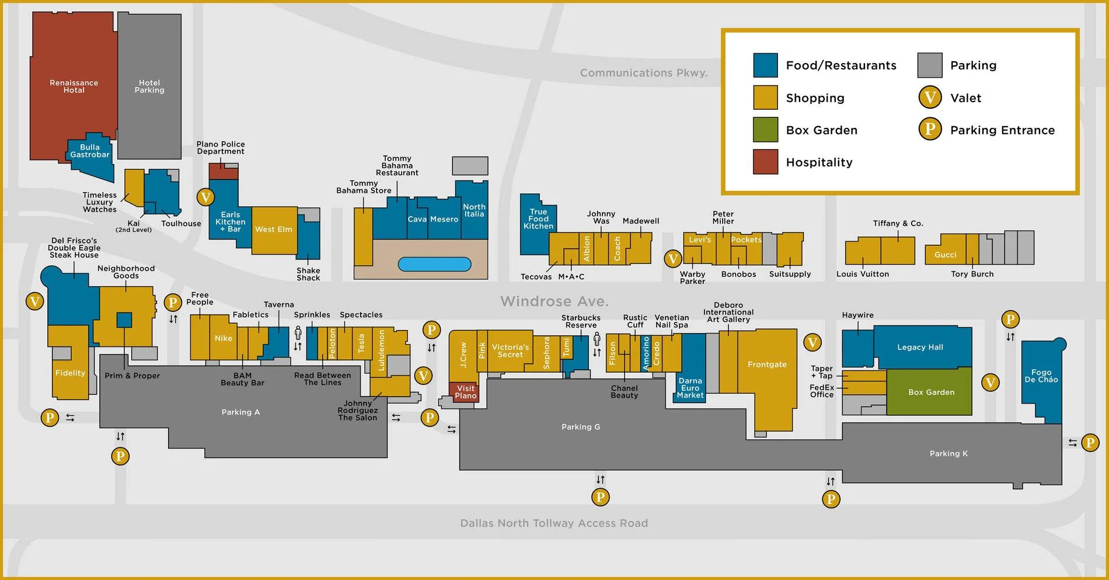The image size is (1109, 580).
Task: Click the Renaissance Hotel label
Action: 74,86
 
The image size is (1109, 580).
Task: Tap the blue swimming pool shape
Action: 434,265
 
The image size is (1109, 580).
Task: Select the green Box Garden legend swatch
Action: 765,130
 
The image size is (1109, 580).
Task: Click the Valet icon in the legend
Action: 930,98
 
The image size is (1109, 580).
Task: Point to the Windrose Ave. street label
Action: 554,301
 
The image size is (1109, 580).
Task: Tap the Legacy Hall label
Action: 920,347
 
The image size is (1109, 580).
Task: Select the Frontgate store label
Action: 767,364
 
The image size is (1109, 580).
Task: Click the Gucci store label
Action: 946,255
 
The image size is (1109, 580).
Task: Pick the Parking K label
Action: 948,453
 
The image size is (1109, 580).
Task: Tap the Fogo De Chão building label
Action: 1041,376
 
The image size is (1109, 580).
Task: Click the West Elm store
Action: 274,230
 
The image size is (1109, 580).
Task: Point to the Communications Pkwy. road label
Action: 643,73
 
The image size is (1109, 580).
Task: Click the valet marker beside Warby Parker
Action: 673,258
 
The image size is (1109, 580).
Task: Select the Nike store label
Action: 224,338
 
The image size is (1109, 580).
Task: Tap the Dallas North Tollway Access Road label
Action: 554,523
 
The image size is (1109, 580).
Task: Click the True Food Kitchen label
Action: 538,219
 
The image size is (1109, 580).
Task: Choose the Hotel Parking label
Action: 149,86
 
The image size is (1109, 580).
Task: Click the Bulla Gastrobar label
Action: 90,151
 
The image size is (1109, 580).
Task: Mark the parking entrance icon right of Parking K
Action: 1090,443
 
